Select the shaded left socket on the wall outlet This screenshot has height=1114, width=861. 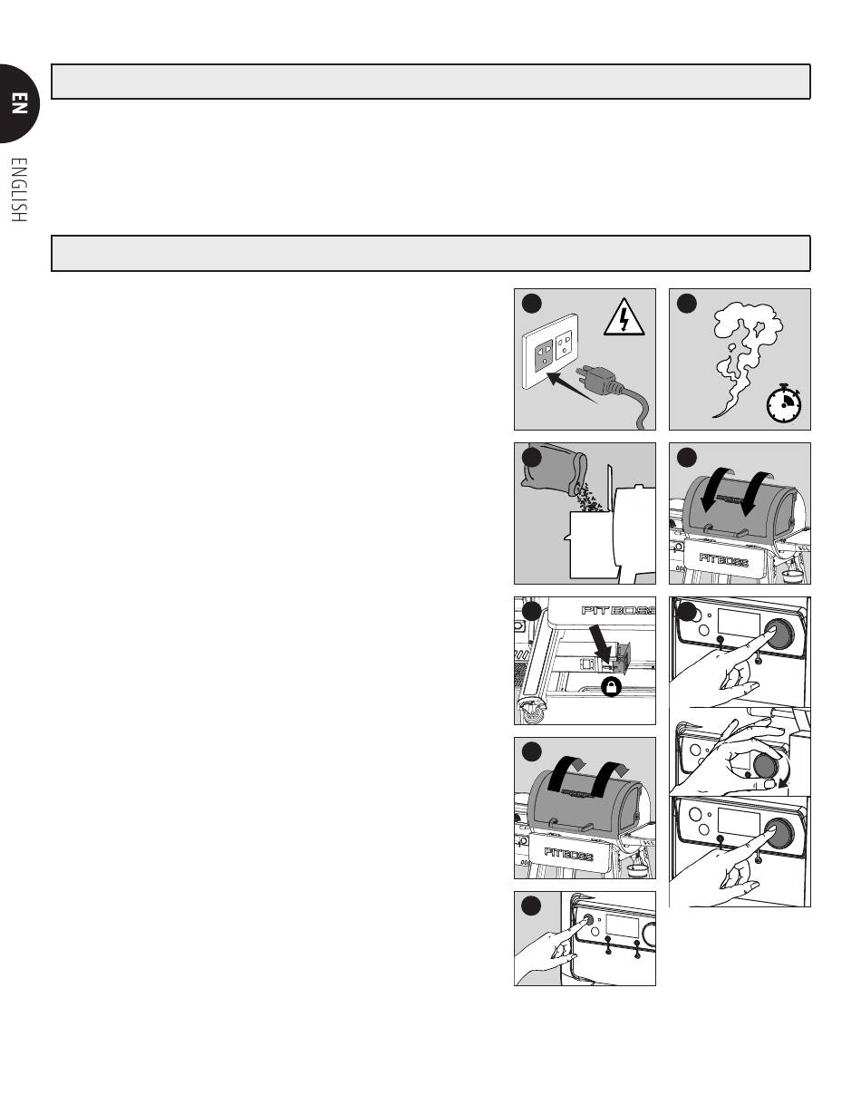tap(543, 348)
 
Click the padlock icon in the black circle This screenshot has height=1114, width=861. tap(612, 687)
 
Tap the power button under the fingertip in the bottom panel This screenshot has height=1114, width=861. tap(587, 919)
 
